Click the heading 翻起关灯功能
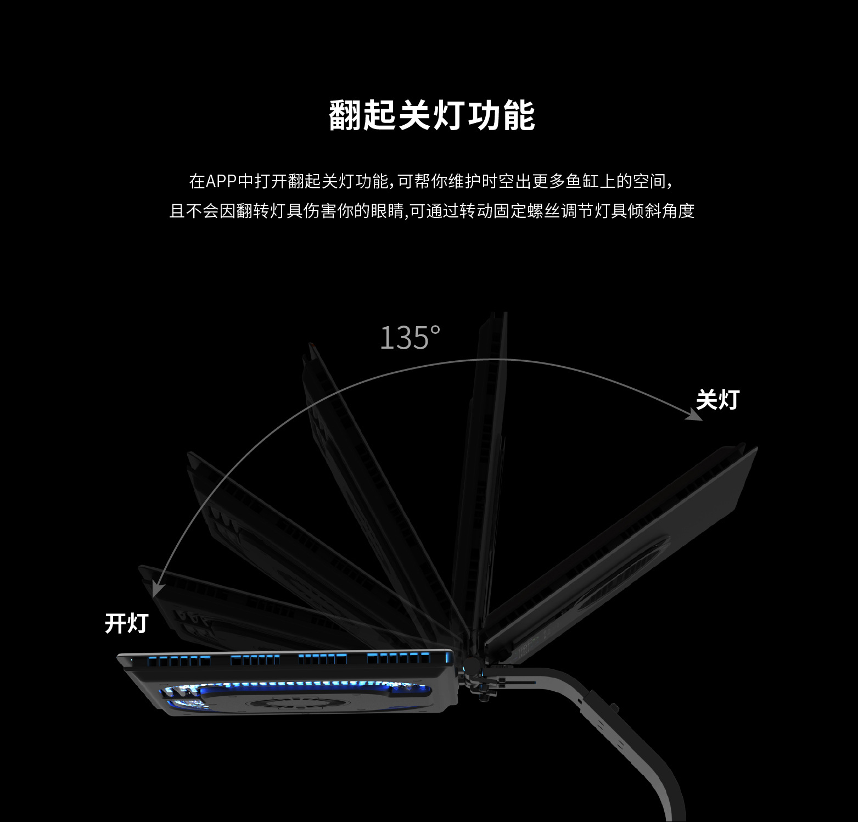[x=432, y=116]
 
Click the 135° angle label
[x=410, y=338]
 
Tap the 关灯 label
[x=717, y=400]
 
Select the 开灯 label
[x=126, y=623]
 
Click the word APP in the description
[x=221, y=181]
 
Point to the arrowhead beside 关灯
[x=696, y=415]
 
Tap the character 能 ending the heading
[x=518, y=116]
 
